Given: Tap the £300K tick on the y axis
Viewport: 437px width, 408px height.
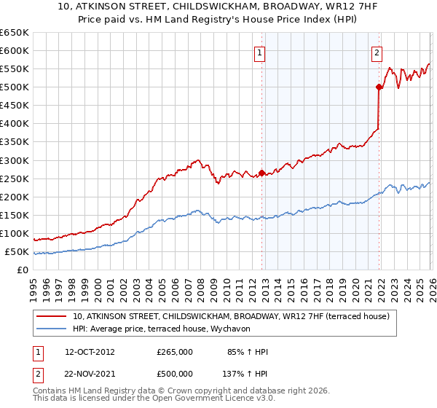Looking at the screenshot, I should [x=14, y=160].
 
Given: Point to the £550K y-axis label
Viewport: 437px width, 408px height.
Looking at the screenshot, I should [x=14, y=69].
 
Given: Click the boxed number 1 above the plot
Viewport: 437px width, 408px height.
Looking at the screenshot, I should [x=260, y=52].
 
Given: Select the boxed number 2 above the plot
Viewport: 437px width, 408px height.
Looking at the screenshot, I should [x=377, y=52].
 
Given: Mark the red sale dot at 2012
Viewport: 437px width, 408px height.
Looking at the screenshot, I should [x=261, y=173].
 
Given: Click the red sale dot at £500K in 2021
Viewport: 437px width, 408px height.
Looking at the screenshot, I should [x=379, y=87].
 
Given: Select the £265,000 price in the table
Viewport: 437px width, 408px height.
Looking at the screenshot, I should [x=175, y=352].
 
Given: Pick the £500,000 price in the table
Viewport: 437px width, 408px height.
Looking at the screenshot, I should [x=175, y=373].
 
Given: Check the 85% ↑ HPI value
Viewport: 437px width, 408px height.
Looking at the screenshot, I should [x=248, y=352].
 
